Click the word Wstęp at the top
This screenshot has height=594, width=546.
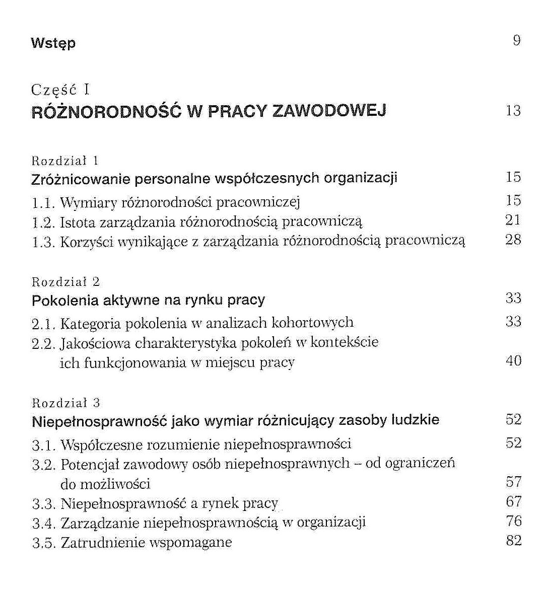click(x=53, y=43)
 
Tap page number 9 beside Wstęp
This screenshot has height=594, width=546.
click(x=516, y=41)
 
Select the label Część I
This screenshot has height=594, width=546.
click(x=60, y=90)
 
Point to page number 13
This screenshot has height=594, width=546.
click(x=513, y=111)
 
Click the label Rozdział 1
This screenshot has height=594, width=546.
click(x=65, y=161)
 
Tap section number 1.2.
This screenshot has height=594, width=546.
click(x=43, y=222)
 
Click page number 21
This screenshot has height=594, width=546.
click(x=513, y=220)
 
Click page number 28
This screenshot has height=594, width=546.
click(x=513, y=240)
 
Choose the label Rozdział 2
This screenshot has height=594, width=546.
click(x=65, y=282)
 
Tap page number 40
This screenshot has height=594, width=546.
click(x=513, y=361)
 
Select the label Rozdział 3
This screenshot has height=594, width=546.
click(x=65, y=403)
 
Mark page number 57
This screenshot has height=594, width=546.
click(x=513, y=482)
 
